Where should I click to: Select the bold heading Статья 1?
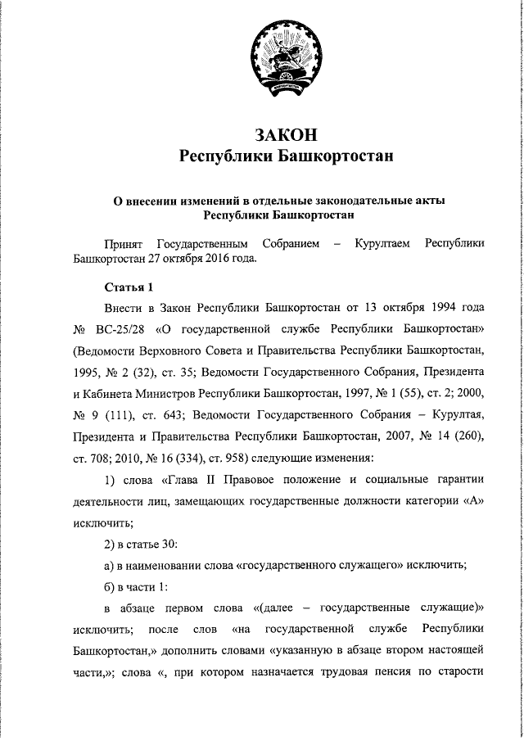(x=129, y=287)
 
